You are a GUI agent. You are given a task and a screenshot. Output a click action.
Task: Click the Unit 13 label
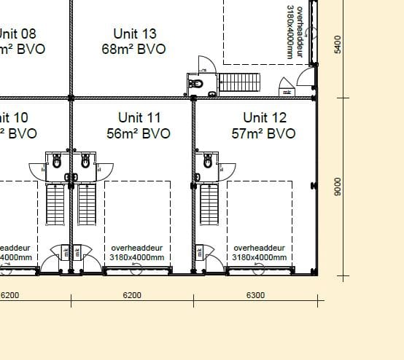coord(135,34)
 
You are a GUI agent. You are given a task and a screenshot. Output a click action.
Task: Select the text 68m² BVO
coord(135,49)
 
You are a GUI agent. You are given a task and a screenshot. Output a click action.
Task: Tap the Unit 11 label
coord(139,117)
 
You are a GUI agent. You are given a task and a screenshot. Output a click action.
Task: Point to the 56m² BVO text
coord(139,133)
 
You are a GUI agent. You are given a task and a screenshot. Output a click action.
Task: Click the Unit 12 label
coord(265,117)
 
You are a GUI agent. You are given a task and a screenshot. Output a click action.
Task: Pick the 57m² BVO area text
coord(265,133)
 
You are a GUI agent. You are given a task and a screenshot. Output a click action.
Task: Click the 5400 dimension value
coord(337,44)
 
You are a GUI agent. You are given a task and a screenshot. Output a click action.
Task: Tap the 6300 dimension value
coord(255,295)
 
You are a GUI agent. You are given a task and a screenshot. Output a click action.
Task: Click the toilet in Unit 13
coord(195,85)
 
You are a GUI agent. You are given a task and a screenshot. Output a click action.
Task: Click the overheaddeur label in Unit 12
coord(258,248)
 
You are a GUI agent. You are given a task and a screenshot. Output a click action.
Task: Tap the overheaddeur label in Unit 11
coord(136,248)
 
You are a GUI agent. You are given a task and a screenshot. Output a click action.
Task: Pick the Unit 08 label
coord(16,34)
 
